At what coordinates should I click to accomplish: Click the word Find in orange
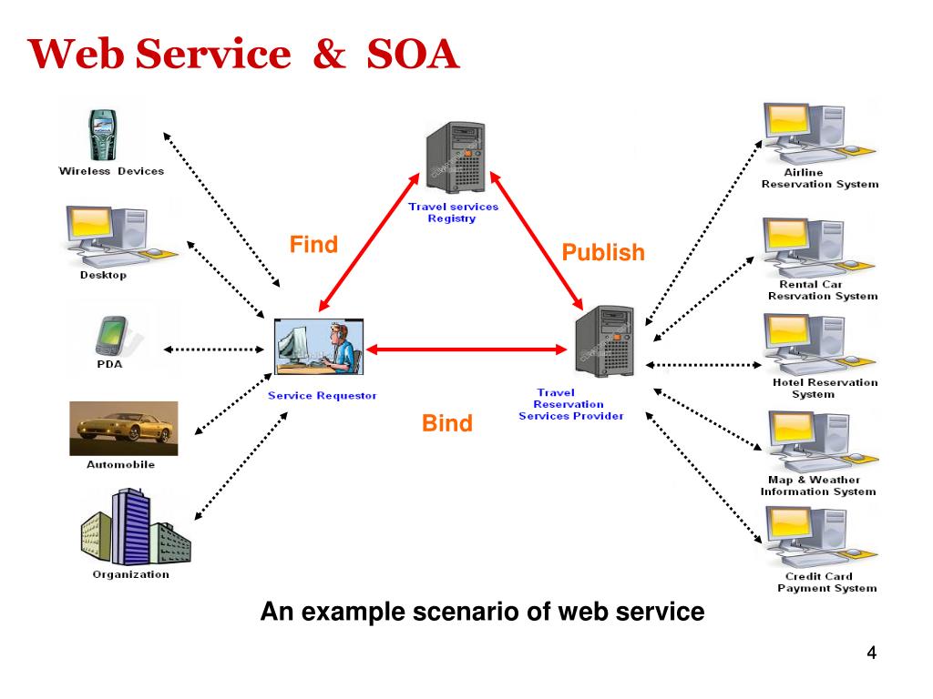click(313, 244)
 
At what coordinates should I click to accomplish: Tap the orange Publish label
click(603, 253)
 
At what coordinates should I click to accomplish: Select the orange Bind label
click(446, 423)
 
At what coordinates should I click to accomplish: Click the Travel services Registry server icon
click(456, 157)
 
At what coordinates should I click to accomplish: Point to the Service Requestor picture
click(319, 347)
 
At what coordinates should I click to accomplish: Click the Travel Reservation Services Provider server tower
click(605, 341)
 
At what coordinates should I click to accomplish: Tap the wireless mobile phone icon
click(102, 135)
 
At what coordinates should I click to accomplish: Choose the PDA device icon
click(112, 336)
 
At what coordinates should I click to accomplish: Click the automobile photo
click(124, 429)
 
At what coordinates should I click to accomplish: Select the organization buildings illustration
click(136, 527)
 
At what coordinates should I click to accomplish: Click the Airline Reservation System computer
click(817, 133)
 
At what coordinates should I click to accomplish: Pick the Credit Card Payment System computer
click(821, 537)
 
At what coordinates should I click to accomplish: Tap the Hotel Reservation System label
click(825, 388)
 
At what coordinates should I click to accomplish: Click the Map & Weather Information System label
click(818, 486)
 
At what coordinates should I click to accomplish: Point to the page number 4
click(872, 653)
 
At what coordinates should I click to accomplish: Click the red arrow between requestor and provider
click(466, 349)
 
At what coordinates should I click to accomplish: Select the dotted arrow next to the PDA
click(213, 349)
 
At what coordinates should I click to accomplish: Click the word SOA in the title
click(413, 54)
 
